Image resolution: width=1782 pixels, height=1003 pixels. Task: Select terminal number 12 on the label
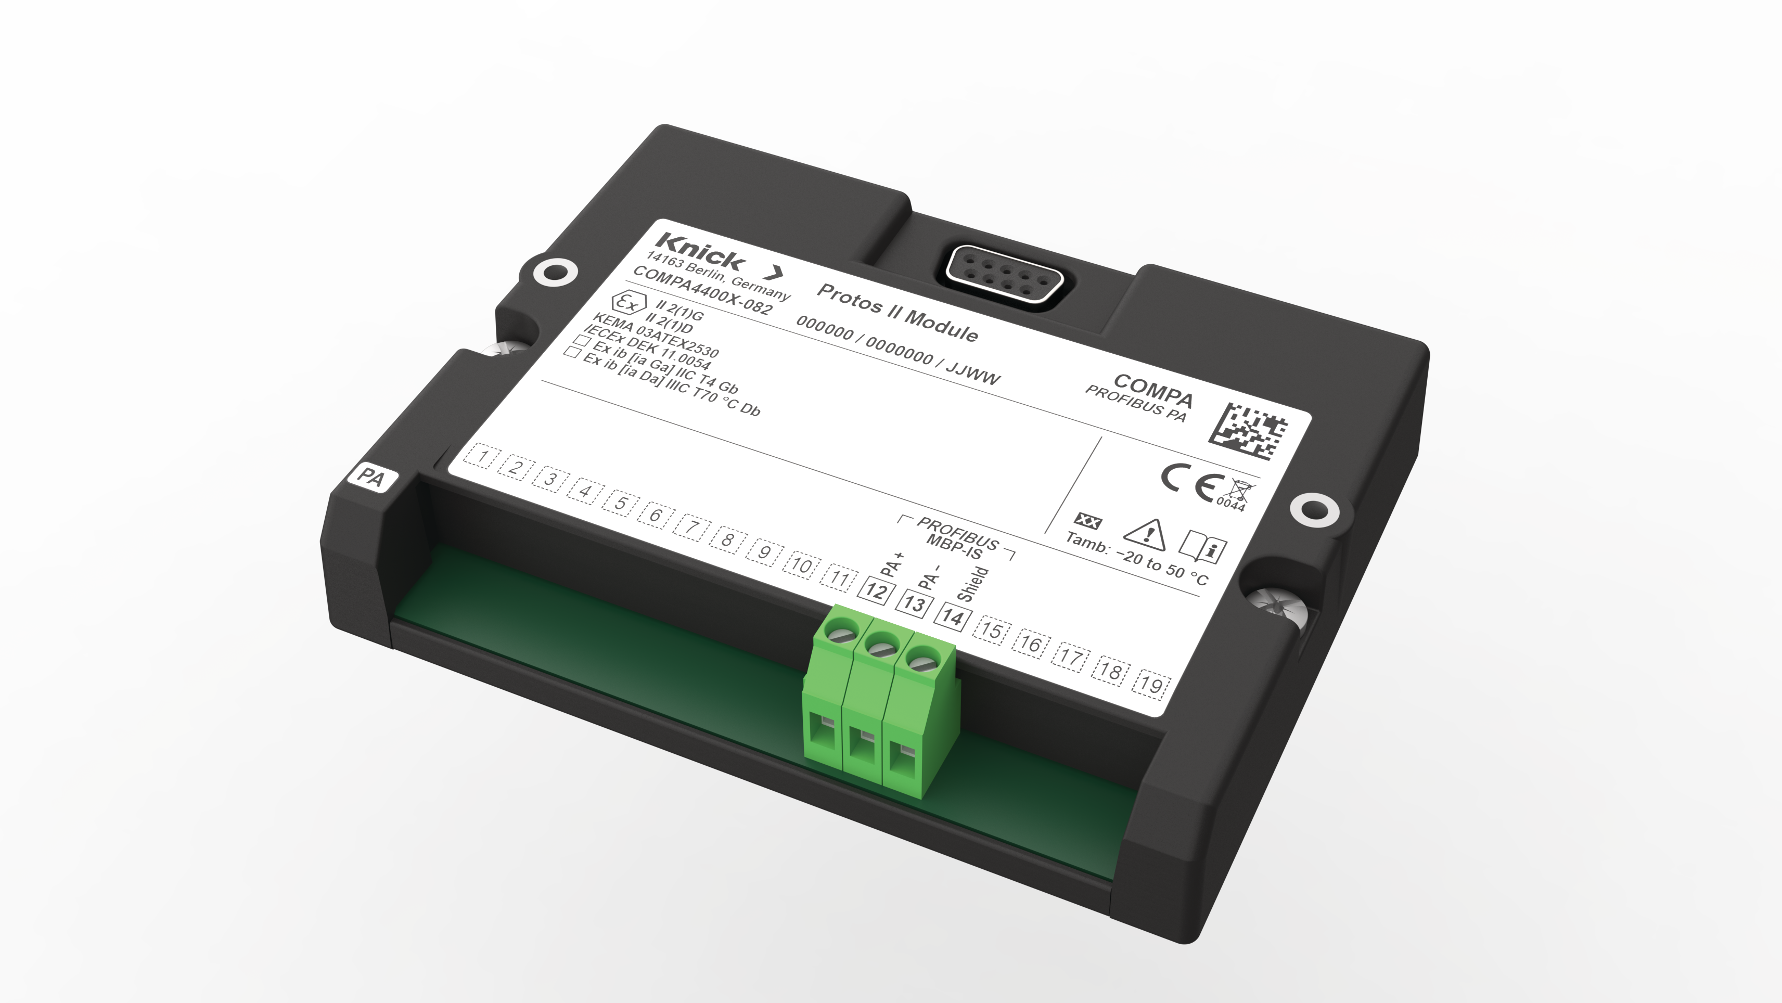click(x=875, y=591)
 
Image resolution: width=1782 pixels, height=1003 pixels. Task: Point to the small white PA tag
click(x=371, y=477)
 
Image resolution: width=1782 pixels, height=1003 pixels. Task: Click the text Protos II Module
click(x=897, y=313)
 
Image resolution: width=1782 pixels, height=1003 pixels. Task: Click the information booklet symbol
click(x=1202, y=548)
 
